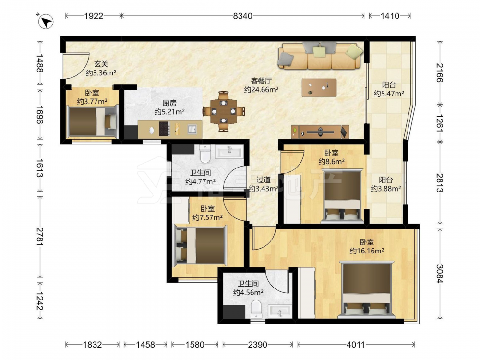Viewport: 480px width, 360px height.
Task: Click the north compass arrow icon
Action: [x=46, y=22]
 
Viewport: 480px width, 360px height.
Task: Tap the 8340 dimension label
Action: [x=242, y=16]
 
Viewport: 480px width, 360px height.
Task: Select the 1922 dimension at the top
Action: [x=94, y=16]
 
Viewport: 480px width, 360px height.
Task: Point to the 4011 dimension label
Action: [x=355, y=345]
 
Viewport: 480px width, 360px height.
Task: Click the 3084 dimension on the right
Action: [x=440, y=274]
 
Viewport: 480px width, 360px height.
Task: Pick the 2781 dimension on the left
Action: [x=40, y=236]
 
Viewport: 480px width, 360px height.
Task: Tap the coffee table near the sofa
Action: [x=319, y=87]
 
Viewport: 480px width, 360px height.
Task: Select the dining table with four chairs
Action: [x=224, y=111]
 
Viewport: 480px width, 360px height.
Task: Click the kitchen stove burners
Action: [x=164, y=129]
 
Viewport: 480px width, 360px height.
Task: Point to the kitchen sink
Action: [x=192, y=129]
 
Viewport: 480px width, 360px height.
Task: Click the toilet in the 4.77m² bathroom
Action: [x=204, y=154]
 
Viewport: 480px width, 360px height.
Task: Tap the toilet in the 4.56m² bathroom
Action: [x=256, y=309]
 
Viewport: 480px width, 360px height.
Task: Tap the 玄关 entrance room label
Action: [x=101, y=64]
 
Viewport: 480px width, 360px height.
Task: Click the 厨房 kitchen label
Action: [x=169, y=103]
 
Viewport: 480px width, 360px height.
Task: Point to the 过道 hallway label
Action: [x=263, y=180]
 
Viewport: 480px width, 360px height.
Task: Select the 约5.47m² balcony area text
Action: [x=389, y=94]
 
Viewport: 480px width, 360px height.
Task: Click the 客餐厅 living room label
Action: [x=261, y=81]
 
